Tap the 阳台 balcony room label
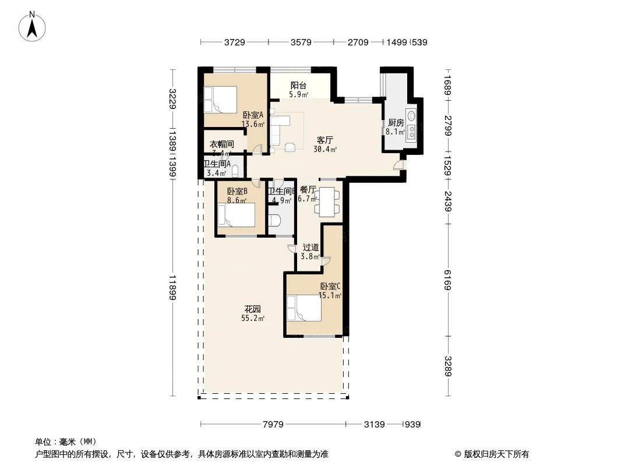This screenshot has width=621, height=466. (x=299, y=85)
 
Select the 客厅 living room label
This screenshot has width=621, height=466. (x=324, y=140)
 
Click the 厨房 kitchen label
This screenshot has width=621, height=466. (x=396, y=123)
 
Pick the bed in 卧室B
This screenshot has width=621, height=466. (x=236, y=215)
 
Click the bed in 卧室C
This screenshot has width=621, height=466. (x=304, y=308)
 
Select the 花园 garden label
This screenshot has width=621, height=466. (x=252, y=309)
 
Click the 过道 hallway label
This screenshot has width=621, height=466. (x=310, y=248)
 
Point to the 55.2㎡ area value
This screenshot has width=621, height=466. (x=253, y=319)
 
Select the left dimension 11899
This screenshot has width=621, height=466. (x=172, y=288)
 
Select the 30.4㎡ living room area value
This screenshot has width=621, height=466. (x=324, y=149)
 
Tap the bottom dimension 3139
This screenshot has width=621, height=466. (x=374, y=425)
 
